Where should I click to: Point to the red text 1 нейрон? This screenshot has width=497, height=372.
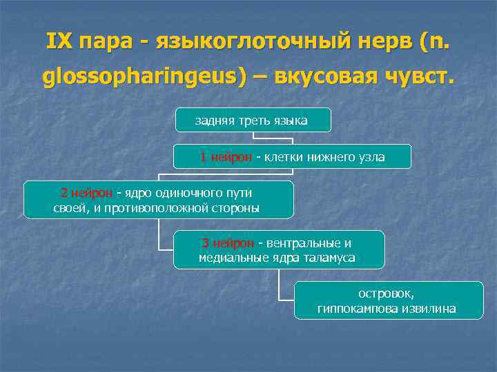[226, 158]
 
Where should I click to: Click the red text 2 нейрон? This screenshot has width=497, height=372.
[87, 193]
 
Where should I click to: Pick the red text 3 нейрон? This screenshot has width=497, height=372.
[227, 243]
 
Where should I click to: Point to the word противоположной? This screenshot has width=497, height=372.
[164, 208]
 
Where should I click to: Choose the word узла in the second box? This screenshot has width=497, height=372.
[370, 158]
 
